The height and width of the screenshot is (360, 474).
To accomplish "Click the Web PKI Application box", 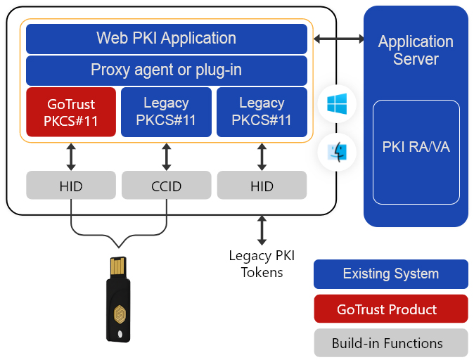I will [x=167, y=39].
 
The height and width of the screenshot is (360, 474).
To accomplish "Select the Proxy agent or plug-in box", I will [x=167, y=70].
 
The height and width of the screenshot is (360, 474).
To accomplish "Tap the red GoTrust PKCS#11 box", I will [x=71, y=112].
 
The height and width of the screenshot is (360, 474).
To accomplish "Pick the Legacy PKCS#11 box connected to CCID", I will [x=167, y=112].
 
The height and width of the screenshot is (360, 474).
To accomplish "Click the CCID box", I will [x=167, y=186].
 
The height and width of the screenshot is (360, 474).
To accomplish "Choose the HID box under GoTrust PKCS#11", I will [x=71, y=186].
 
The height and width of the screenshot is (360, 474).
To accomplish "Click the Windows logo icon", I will [x=337, y=105].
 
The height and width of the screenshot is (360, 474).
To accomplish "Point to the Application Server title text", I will [x=416, y=50].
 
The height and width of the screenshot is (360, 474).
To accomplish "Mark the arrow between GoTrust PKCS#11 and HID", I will [x=71, y=157].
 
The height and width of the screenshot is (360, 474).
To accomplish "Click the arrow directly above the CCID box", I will [x=167, y=157].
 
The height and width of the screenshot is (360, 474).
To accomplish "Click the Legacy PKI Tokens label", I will [x=262, y=264].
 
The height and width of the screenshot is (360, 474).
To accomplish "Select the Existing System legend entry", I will [x=390, y=274].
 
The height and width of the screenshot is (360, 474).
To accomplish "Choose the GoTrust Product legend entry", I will [x=390, y=309].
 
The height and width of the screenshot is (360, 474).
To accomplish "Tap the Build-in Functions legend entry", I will [x=390, y=343].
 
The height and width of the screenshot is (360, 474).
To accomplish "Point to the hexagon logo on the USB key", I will [x=119, y=309].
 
